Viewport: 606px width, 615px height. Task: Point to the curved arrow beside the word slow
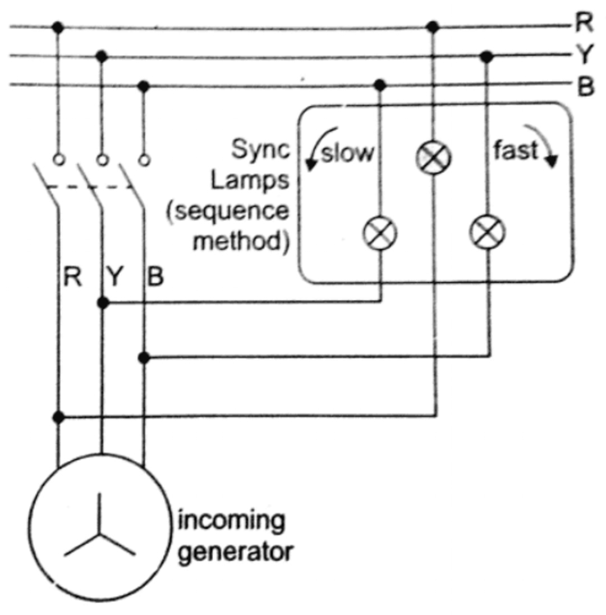coord(310,152)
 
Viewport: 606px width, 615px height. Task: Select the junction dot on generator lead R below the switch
coord(58,417)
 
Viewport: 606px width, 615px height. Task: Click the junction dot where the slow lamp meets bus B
coord(380,85)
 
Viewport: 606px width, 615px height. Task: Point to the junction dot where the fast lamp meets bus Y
coord(488,56)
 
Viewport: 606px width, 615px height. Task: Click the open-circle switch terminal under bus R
coord(58,160)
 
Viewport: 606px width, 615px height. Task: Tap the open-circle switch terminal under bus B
coord(145,160)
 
